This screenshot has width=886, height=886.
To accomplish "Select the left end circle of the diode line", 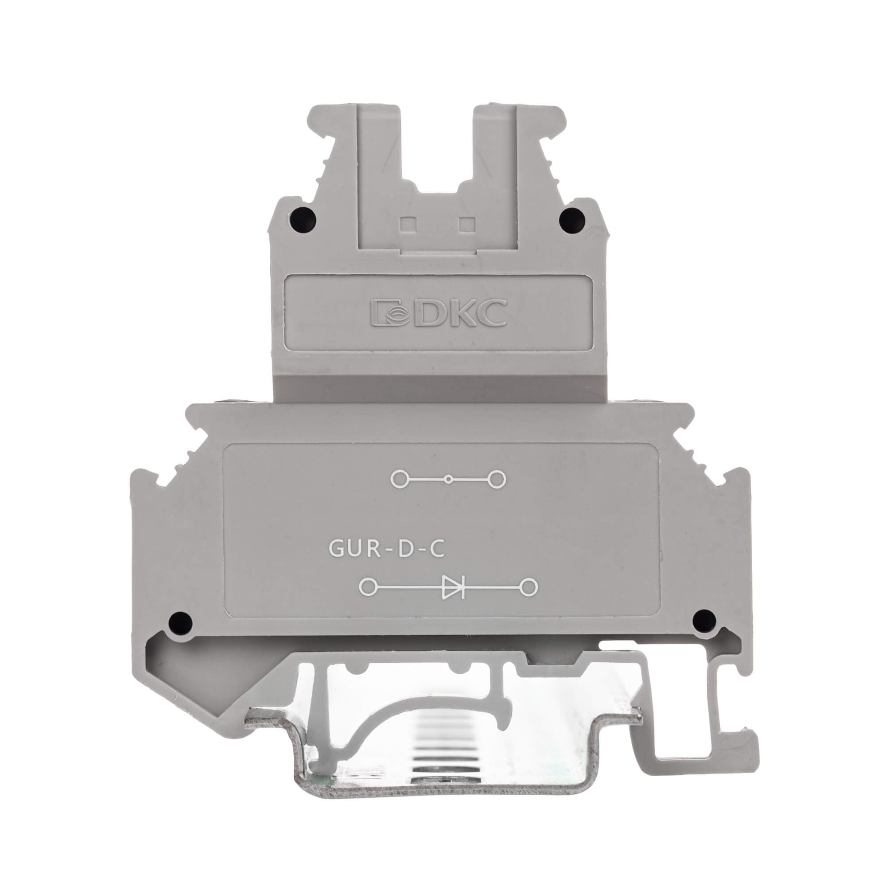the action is point(368,587).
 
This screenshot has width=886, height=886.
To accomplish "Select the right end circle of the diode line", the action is point(530,587).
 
